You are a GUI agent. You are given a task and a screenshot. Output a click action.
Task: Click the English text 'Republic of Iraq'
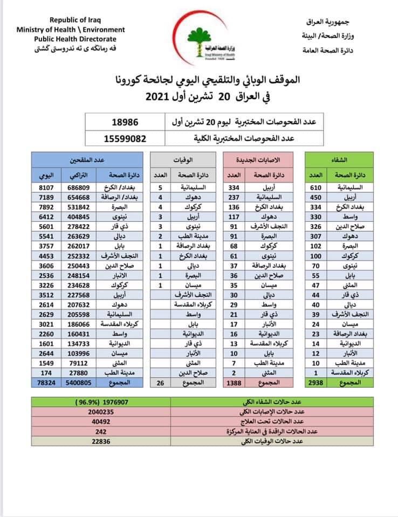click(x=70, y=20)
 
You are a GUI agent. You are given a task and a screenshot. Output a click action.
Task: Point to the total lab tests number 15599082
click(x=125, y=138)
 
